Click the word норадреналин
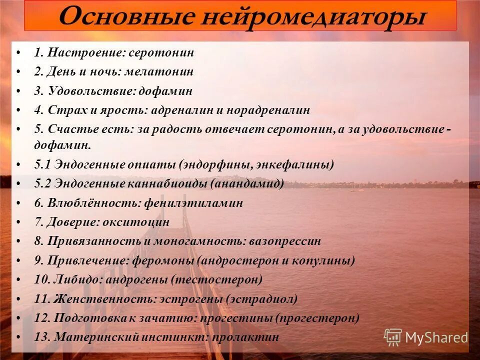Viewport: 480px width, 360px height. tap(270, 110)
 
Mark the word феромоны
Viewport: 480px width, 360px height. tap(163, 260)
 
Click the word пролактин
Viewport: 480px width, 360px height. tap(245, 337)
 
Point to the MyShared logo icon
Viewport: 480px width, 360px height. tap(393, 337)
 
